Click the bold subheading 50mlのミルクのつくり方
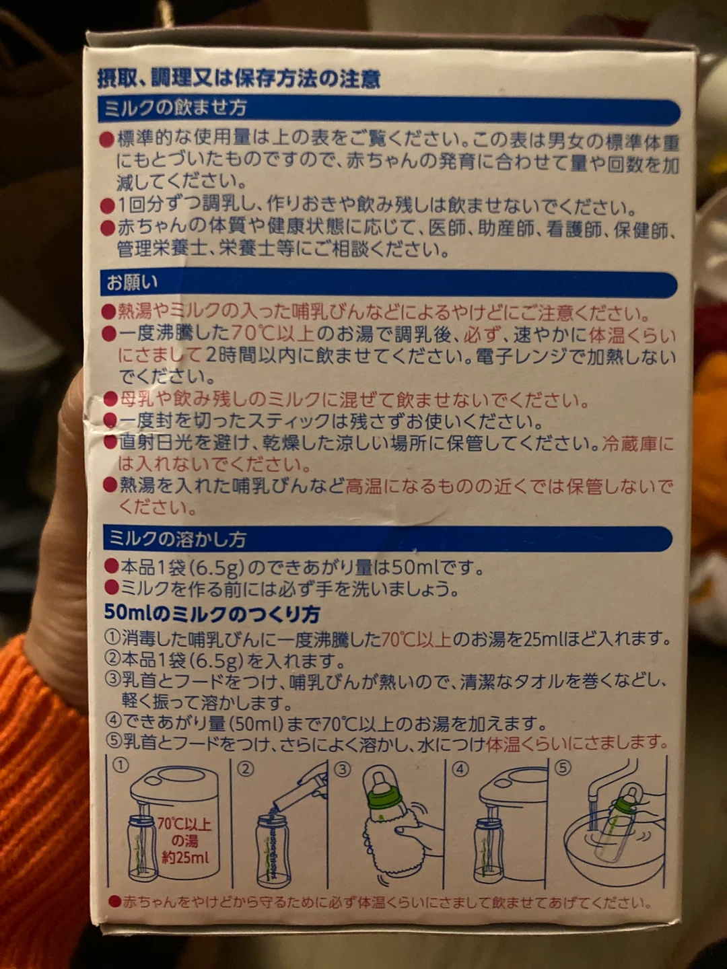pos(212,613)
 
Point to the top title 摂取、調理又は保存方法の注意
pos(239,79)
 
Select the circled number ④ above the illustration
pos(460,770)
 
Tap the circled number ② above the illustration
pos(246,769)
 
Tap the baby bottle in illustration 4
pos(488,850)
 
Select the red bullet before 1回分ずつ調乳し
pos(107,206)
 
